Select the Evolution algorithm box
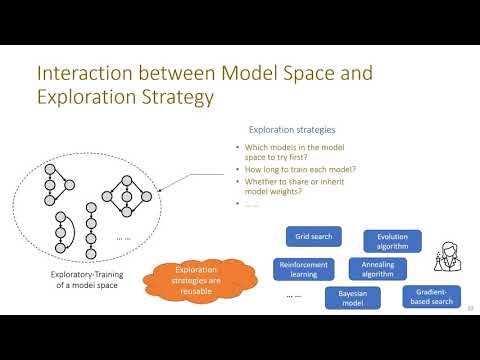coord(392,241)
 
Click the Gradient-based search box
coord(429,296)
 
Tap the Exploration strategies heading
coord(292,129)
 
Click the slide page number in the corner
coord(469,307)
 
